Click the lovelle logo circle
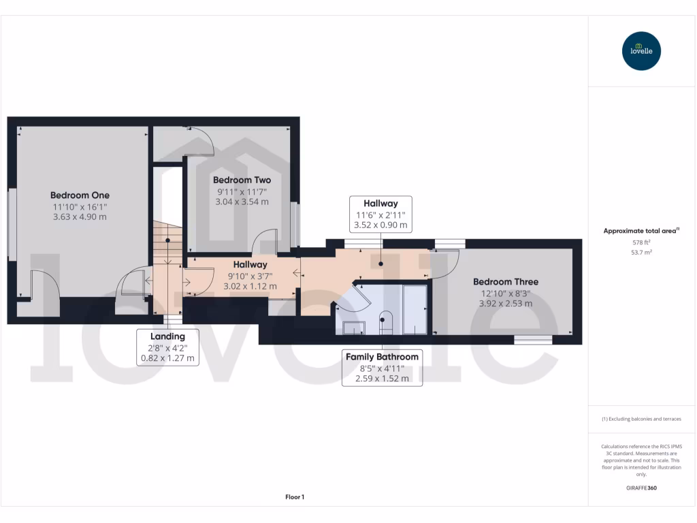click(641, 51)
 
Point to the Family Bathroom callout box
click(382, 368)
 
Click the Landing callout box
click(167, 347)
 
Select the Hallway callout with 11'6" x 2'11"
click(380, 214)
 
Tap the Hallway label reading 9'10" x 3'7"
click(250, 275)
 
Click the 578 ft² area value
click(641, 242)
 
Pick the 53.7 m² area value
click(641, 252)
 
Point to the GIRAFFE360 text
click(641, 488)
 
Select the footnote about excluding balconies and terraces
click(641, 419)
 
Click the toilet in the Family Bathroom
click(385, 323)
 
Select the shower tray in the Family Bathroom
click(415, 310)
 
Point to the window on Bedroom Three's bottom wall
click(532, 339)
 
